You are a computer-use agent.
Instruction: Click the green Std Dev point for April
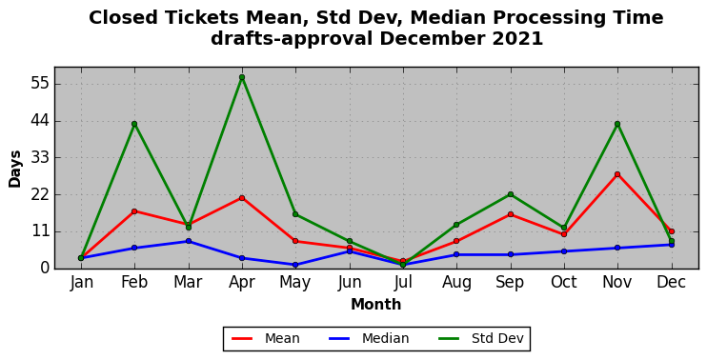click(242, 77)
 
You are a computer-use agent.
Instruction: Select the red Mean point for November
click(617, 174)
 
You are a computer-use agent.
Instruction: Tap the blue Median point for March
click(189, 241)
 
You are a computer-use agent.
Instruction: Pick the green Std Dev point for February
click(134, 124)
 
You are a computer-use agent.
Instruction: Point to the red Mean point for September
click(511, 214)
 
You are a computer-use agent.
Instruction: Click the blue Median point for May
click(295, 265)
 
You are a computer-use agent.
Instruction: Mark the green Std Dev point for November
click(617, 124)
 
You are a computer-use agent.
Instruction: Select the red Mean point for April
click(242, 198)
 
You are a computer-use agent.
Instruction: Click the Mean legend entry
click(266, 338)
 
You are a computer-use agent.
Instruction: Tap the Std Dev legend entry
click(480, 338)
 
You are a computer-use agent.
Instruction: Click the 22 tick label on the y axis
click(40, 195)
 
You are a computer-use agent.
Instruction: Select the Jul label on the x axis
click(403, 283)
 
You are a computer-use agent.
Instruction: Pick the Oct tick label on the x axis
click(564, 283)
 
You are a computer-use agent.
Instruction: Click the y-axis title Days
click(15, 169)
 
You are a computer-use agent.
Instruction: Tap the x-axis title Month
click(376, 305)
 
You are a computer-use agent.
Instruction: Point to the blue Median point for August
click(456, 254)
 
